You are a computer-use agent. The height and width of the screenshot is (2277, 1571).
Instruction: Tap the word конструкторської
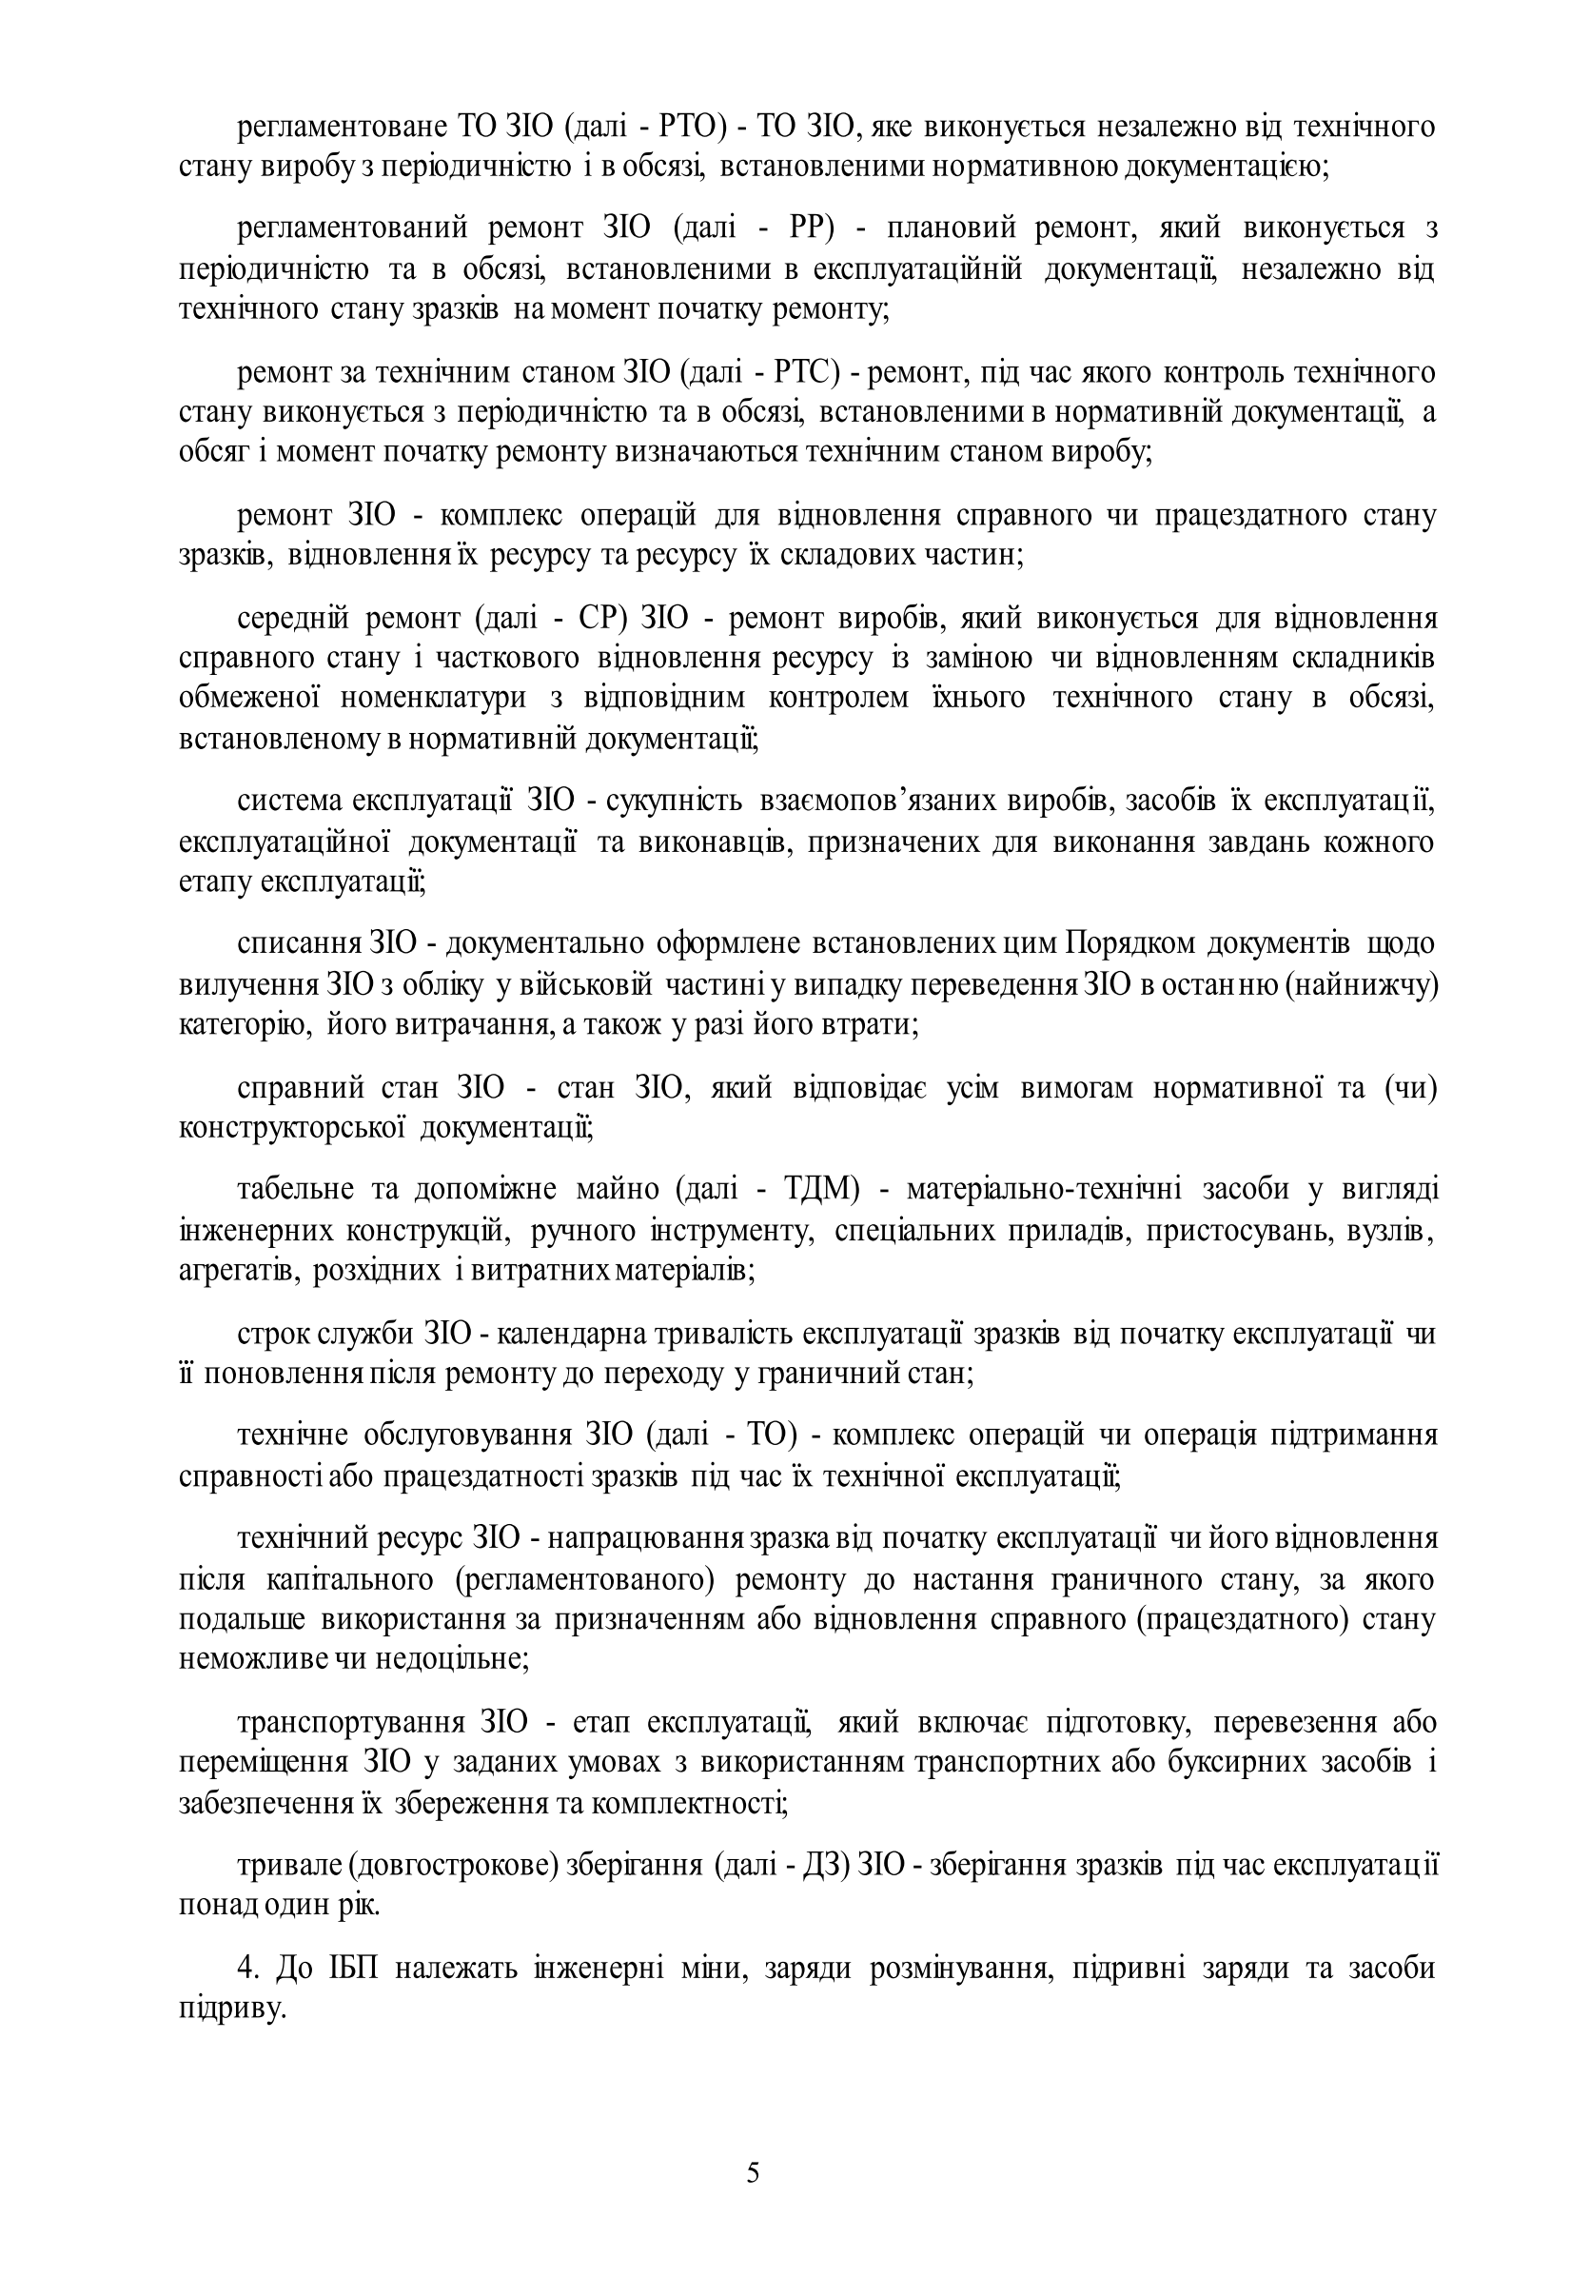click(293, 1128)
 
